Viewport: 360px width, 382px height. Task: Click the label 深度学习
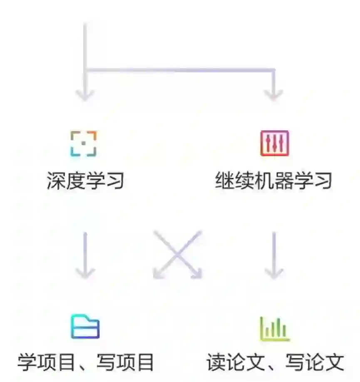click(x=85, y=181)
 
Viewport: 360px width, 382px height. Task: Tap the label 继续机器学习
click(x=273, y=181)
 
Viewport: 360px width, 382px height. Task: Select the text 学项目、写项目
click(x=86, y=362)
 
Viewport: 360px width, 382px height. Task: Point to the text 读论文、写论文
click(x=275, y=362)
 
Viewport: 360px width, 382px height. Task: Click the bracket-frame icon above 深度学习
click(x=83, y=144)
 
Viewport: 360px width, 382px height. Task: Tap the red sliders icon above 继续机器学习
click(x=274, y=144)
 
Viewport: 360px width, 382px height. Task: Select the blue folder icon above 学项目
click(x=85, y=326)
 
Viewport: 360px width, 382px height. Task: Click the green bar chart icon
click(x=274, y=329)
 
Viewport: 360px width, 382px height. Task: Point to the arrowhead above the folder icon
click(x=85, y=273)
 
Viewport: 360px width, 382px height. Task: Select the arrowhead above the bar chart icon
click(x=274, y=273)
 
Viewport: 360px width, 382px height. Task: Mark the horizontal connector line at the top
click(x=179, y=70)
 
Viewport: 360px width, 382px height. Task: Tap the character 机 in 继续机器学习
click(x=263, y=181)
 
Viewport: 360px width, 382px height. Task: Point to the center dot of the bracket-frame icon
click(x=83, y=143)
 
